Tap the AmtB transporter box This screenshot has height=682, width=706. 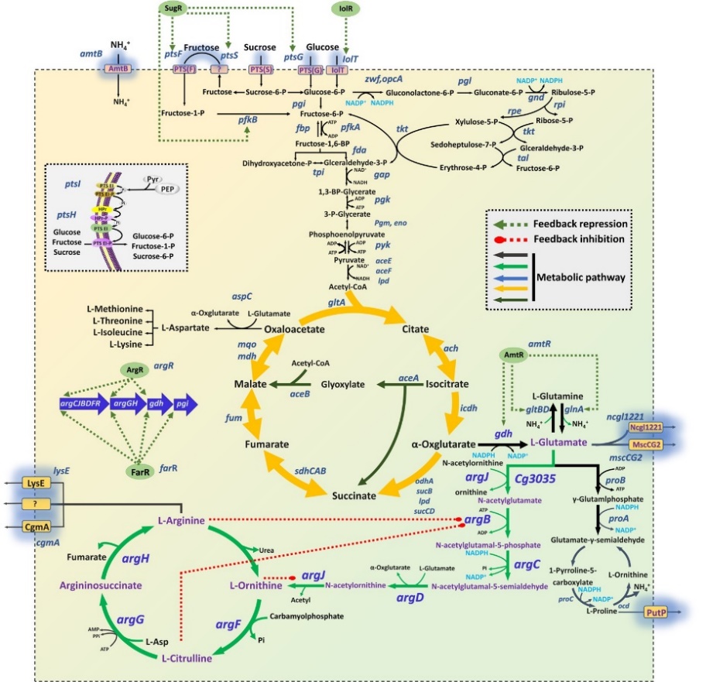pos(118,69)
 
